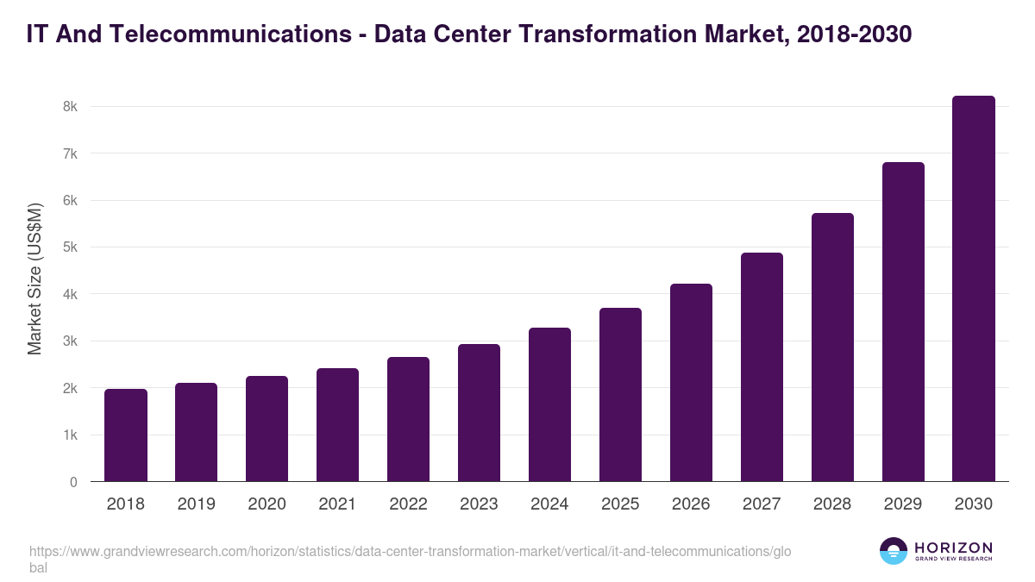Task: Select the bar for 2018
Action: point(126,435)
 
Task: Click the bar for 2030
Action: point(973,289)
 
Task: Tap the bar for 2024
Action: point(549,404)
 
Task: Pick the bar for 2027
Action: point(762,367)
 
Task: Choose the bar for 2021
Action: point(337,425)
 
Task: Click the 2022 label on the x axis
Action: point(408,504)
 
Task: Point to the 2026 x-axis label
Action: point(691,504)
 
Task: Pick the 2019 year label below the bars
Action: point(197,504)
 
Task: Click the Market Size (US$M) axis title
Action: point(34,278)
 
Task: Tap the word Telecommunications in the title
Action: point(236,34)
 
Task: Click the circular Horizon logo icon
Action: point(893,551)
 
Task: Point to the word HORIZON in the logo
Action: point(953,548)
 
